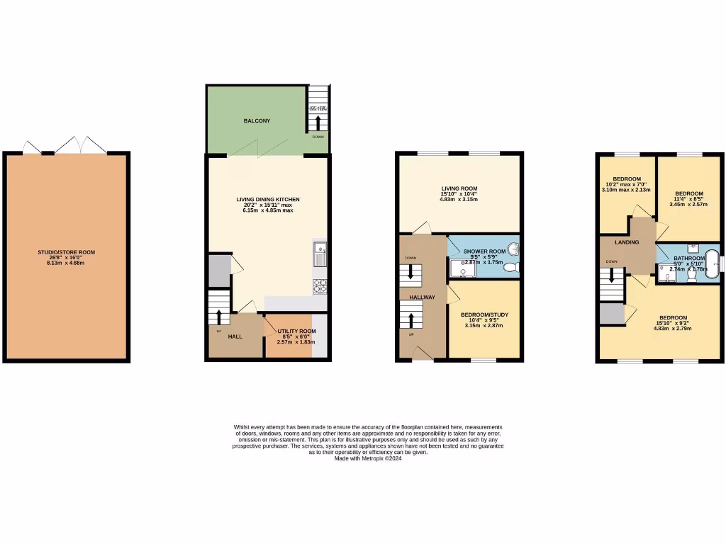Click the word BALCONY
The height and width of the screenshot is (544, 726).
pos(257,121)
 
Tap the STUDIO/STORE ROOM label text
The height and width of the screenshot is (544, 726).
pos(66,252)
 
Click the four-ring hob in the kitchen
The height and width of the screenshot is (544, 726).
pos(320,286)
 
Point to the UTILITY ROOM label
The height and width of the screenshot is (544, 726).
pos(297,331)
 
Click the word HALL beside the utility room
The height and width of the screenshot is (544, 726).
pos(235,336)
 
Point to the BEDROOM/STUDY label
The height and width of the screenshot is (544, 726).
pos(484,314)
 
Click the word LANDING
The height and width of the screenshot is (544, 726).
pos(627,243)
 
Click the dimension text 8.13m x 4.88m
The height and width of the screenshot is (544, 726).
pos(66,263)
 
